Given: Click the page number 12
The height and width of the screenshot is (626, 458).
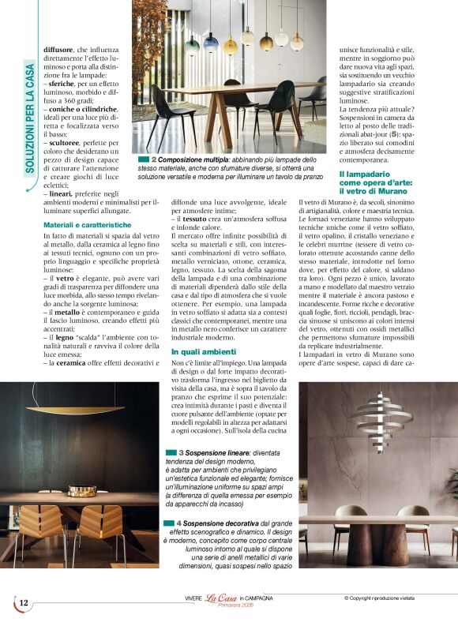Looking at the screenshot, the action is tap(24, 603).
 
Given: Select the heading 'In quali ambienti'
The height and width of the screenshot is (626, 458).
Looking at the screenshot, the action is tap(204, 351).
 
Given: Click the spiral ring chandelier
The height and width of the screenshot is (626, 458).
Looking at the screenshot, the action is tap(379, 418).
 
